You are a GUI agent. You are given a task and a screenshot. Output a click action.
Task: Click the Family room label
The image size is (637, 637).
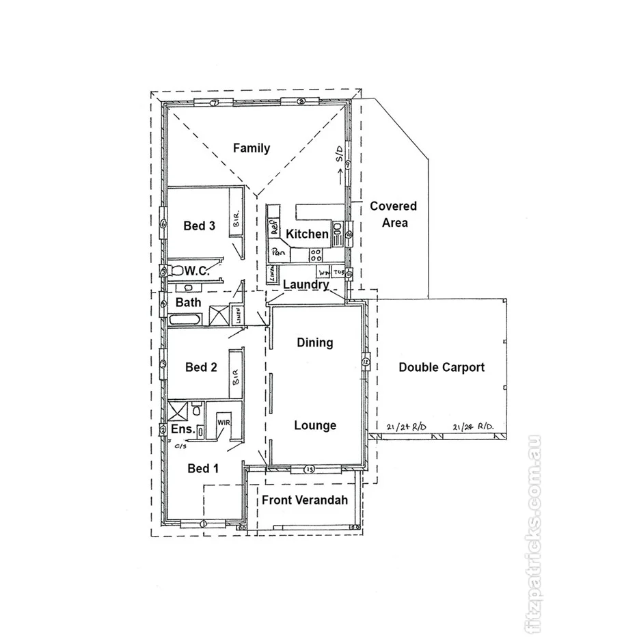[251, 148]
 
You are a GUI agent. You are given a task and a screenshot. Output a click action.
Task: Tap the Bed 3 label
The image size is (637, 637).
[199, 226]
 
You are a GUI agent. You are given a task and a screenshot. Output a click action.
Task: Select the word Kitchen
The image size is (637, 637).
[307, 234]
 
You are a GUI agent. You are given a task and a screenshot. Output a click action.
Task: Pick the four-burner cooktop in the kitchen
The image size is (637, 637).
[316, 255]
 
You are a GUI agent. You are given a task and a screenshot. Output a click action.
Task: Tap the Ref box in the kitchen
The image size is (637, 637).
[274, 228]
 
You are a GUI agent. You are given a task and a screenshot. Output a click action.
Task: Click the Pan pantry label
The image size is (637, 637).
[278, 252]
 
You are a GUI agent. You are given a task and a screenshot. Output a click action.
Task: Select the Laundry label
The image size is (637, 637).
[306, 284]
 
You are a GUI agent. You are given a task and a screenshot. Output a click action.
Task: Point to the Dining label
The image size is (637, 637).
[314, 342]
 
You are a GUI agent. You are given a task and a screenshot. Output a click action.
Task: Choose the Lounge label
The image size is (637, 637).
[315, 425]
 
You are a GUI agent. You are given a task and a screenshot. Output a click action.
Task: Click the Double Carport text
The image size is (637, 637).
[442, 367]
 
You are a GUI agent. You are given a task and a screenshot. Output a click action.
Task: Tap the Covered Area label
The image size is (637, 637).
[393, 214]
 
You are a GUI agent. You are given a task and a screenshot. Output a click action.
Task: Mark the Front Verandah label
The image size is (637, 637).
[305, 500]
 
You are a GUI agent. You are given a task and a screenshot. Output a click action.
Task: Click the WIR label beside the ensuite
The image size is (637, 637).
[223, 422]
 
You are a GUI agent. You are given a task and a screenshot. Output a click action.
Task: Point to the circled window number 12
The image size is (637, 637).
[366, 360]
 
